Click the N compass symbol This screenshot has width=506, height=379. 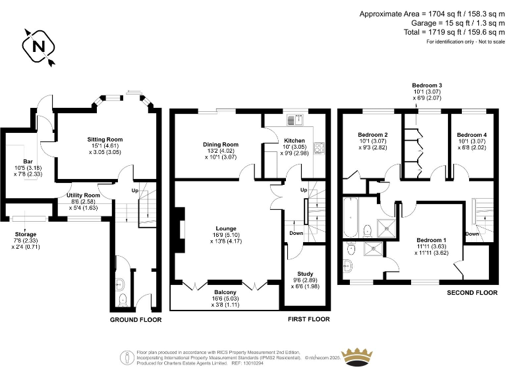39,47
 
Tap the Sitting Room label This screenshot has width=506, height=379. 105,139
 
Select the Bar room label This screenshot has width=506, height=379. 28,161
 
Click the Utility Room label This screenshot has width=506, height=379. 83,195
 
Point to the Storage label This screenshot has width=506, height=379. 26,234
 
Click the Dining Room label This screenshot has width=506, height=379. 221,145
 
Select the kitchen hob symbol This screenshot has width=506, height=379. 319,148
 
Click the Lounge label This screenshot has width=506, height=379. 226,228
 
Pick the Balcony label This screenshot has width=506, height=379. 225,292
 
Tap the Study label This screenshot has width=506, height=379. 305,274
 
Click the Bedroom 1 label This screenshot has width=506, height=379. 432,240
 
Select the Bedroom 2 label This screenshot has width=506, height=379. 373,135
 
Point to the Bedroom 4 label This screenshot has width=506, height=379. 472,135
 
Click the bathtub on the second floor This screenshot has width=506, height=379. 351,218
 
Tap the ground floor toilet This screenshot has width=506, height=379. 123,300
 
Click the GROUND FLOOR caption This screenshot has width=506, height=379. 136,320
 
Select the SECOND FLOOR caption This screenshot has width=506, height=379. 472,293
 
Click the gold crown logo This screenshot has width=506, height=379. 357,357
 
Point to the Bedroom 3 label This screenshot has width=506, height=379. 427,86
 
